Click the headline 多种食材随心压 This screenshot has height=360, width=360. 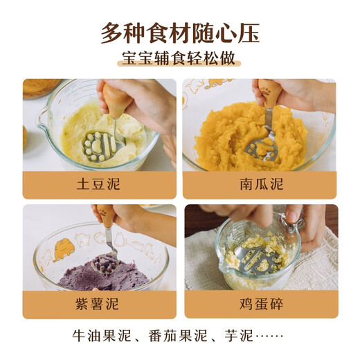tap(180, 33)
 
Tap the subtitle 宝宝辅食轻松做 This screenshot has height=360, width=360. tap(180, 60)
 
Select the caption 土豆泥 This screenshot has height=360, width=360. tap(99, 185)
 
